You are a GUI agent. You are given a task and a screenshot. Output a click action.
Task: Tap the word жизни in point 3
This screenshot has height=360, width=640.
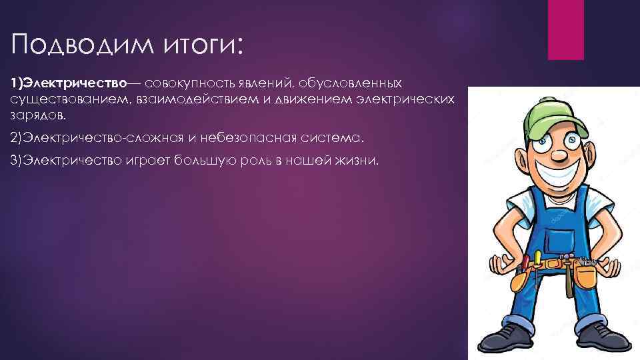coord(357,162)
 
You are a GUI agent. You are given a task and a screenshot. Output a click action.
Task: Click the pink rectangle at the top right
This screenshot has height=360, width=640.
coord(565,30)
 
